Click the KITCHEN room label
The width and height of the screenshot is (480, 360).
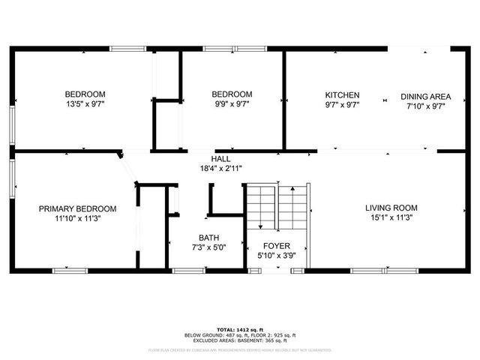pos(342,95)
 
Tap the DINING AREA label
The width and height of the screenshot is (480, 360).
pos(425,96)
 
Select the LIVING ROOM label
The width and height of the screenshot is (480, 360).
pos(391,208)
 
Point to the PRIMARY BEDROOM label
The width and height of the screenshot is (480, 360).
pos(78,208)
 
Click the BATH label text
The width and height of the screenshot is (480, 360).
pos(208,238)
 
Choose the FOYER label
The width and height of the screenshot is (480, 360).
pos(276,246)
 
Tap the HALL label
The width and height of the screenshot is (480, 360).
pos(220,159)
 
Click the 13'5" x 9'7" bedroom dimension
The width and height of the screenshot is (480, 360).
pos(85,105)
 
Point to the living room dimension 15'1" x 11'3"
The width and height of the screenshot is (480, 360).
pos(391,217)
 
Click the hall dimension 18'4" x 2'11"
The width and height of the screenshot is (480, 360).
pos(220,169)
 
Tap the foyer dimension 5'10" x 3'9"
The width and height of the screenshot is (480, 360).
pos(276,256)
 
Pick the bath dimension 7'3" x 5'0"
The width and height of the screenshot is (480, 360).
pos(208,247)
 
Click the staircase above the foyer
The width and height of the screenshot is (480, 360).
pos(277,207)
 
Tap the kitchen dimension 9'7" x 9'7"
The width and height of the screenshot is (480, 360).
pos(342,105)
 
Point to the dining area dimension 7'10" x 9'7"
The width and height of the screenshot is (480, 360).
pos(425,106)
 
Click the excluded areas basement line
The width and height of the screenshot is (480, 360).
pos(240,340)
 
